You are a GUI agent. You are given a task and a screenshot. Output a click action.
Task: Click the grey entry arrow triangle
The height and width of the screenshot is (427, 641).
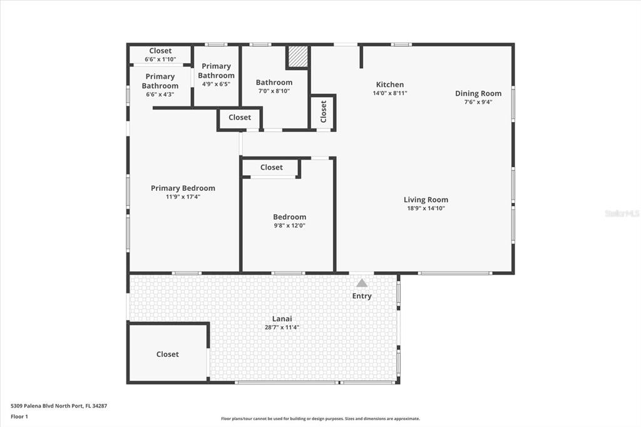(362, 282)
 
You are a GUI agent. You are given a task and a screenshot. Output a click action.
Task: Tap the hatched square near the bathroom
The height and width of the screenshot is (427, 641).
(297, 56)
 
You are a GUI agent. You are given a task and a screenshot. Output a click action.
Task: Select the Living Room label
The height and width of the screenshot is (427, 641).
(426, 200)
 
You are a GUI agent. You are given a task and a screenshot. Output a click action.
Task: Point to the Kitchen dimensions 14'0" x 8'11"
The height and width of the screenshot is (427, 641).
(390, 93)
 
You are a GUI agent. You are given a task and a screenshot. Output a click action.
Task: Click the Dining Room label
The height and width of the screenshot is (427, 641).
(478, 93)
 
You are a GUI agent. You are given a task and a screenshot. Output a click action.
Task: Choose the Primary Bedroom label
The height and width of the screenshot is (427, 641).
(183, 188)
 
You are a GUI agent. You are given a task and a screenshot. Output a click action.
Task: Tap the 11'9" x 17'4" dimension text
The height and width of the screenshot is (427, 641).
(183, 197)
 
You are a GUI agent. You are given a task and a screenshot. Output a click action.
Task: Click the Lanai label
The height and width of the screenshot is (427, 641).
(282, 319)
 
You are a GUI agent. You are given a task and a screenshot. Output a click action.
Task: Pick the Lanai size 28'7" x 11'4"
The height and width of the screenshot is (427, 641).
(282, 327)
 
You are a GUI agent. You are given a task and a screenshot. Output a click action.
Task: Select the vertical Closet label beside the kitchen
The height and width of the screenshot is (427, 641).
(324, 111)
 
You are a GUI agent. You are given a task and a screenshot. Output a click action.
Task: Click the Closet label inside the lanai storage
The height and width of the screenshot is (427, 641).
(168, 354)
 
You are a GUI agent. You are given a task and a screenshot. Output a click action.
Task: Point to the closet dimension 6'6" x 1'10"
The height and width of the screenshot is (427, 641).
(160, 59)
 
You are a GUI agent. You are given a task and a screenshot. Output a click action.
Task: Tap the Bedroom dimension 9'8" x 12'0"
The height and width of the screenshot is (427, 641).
(290, 225)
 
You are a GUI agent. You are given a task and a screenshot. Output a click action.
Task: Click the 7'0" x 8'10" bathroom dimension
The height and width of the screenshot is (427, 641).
(274, 91)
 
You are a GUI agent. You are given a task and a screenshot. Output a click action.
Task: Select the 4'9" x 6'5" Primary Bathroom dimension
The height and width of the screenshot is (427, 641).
(216, 84)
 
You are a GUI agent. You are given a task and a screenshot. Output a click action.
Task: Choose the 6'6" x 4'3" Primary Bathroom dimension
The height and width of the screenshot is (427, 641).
(160, 94)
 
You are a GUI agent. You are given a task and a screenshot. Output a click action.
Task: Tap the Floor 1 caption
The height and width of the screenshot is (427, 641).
(19, 416)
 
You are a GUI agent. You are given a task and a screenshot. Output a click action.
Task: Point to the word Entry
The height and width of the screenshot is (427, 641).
(362, 296)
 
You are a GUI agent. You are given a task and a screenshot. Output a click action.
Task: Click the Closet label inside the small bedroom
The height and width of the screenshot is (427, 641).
(272, 167)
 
